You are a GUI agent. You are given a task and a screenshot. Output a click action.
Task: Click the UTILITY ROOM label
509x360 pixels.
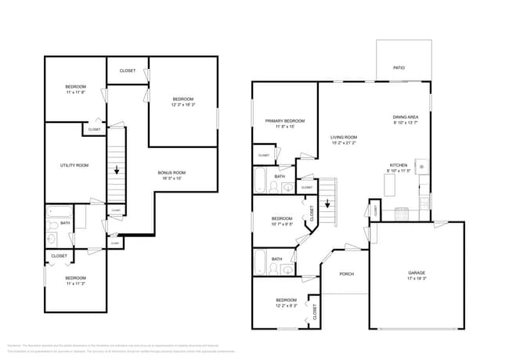74,165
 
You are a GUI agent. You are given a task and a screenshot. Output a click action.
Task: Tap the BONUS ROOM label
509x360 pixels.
171,172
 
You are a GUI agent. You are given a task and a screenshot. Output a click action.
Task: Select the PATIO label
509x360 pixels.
399,68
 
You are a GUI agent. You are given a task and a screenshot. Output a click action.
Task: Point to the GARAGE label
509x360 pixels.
416,273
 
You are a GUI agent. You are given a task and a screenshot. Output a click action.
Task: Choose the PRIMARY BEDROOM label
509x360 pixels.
284,121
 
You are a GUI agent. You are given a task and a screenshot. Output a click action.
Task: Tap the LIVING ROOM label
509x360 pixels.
344,137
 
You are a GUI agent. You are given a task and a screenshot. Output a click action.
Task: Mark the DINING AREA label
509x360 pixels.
406,117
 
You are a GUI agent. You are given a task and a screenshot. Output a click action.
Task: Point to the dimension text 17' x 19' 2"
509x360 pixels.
416,279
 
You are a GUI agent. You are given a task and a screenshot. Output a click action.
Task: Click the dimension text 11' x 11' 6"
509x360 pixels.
75,92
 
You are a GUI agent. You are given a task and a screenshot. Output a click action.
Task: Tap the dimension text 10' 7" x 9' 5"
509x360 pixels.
282,224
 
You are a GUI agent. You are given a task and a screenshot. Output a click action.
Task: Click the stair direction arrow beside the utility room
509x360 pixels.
117,169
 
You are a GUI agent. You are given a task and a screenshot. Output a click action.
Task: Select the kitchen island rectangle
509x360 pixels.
389,185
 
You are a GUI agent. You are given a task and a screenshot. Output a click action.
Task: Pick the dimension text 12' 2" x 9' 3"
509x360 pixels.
286,306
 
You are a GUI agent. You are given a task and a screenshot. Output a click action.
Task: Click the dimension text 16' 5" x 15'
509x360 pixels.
171,178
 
